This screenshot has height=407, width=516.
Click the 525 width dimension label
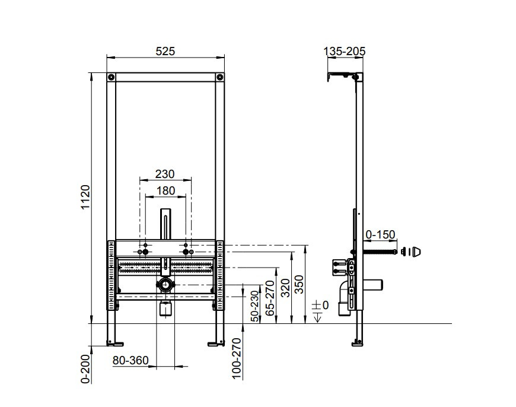point(165,52)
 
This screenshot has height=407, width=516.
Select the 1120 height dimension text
point(85,197)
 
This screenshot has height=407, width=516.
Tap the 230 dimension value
point(165,174)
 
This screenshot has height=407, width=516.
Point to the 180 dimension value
point(165,190)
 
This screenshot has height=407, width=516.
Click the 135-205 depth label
point(345,52)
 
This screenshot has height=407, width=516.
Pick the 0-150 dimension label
point(380,234)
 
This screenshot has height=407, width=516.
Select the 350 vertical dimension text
point(299,284)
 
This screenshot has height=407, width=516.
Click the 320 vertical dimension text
point(286,288)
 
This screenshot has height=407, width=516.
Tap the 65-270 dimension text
point(270,298)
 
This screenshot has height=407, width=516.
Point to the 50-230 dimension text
point(255,306)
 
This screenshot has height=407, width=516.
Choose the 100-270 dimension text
point(237,358)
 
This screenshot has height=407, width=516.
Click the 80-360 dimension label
point(130,361)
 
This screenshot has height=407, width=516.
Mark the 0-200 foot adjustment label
point(85,369)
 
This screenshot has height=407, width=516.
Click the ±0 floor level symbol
point(320,310)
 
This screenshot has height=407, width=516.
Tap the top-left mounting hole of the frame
point(112,77)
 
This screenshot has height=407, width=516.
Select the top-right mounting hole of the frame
point(219,77)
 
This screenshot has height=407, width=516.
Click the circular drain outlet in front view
point(165,285)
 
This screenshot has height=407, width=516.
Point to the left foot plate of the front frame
point(115,344)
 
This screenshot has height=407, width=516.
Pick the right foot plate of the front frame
point(216,344)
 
